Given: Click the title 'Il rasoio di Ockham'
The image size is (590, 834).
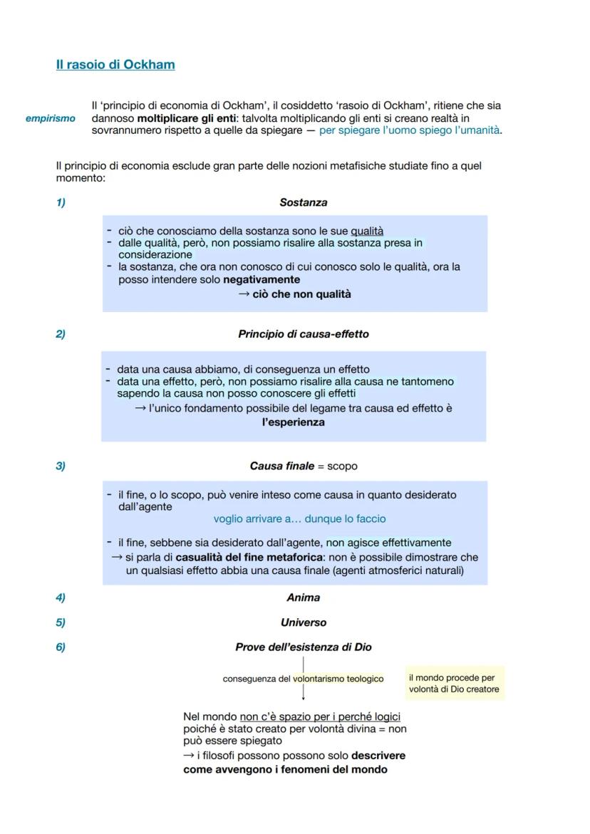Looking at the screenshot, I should click(x=115, y=65).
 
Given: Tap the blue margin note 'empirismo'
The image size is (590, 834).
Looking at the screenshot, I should click(x=50, y=118).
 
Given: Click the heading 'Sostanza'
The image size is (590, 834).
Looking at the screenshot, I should click(x=303, y=203).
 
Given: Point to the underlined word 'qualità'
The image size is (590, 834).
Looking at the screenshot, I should click(x=366, y=231).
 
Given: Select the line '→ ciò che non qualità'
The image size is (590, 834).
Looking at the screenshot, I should click(x=294, y=294).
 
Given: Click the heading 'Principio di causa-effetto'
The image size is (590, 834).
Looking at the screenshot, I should click(x=303, y=334).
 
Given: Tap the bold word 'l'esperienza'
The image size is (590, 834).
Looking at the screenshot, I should click(x=293, y=422).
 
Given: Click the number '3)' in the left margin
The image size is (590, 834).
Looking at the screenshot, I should click(x=61, y=466).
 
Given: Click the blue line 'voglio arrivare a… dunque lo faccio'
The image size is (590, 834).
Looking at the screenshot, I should click(x=299, y=519).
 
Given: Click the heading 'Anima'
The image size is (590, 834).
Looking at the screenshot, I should click(x=303, y=598).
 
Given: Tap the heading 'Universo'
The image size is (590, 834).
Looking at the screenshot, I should click(x=303, y=622).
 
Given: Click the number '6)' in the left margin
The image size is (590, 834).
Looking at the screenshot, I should click(x=61, y=647).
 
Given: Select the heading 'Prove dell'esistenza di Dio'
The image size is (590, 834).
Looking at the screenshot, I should click(x=303, y=647).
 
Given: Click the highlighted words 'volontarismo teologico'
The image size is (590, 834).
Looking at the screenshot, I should click(x=338, y=679).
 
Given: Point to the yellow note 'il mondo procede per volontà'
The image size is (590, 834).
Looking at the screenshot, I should click(x=454, y=684).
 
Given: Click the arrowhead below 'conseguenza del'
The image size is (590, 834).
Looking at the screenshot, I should click(x=303, y=698).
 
